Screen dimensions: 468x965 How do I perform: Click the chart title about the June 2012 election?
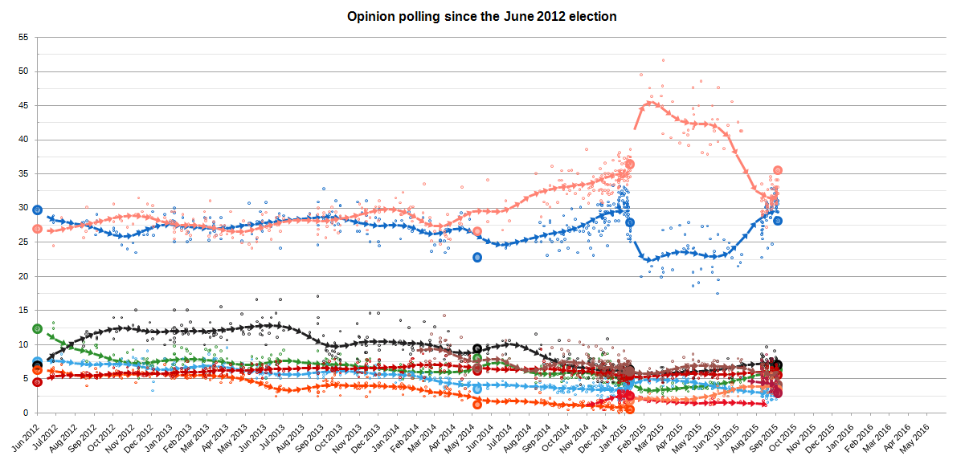coord(481,16)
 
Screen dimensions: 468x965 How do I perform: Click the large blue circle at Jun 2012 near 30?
coord(37,210)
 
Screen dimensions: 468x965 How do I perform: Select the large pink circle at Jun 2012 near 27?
coord(37,229)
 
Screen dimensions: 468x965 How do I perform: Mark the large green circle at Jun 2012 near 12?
coord(37,328)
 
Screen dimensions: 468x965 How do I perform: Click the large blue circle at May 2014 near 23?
coord(477,257)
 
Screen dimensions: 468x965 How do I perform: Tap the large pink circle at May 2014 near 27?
coord(477,231)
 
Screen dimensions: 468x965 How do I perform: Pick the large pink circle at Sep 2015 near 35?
coord(778,170)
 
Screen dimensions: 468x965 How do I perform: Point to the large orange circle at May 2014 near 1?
coord(477,405)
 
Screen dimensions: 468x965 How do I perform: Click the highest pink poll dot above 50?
coord(663,60)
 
